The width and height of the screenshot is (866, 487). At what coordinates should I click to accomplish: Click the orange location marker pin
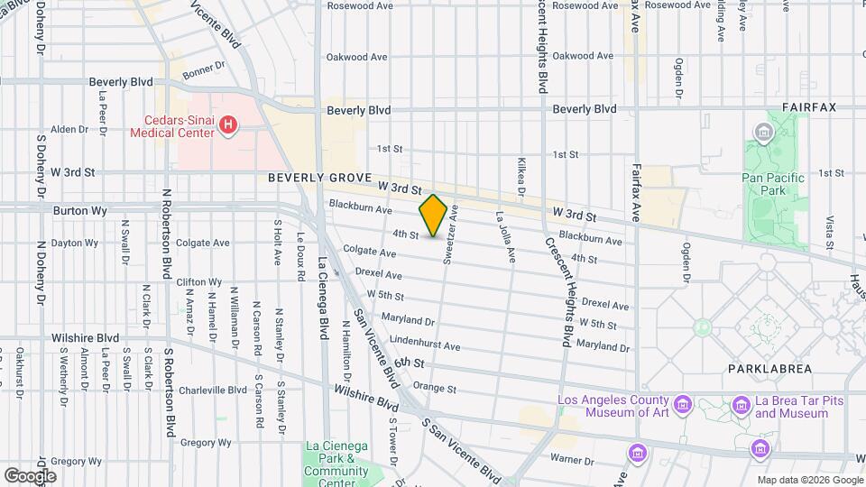pyautogui.click(x=433, y=216)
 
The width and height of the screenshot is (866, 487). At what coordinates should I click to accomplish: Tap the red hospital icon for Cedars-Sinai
pyautogui.click(x=229, y=124)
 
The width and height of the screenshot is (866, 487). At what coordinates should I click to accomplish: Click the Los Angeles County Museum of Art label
pyautogui.click(x=613, y=407)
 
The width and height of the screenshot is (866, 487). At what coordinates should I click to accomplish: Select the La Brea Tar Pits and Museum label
pyautogui.click(x=791, y=407)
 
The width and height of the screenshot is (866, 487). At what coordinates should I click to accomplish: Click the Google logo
pyautogui.click(x=30, y=475)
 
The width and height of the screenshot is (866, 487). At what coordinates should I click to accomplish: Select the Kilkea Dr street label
pyautogui.click(x=521, y=177)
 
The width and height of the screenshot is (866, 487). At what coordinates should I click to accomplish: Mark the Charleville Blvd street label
pyautogui.click(x=212, y=391)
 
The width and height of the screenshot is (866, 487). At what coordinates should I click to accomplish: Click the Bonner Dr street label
pyautogui.click(x=203, y=69)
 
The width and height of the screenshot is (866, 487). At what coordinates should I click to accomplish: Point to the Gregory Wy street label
pyautogui.click(x=206, y=443)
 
